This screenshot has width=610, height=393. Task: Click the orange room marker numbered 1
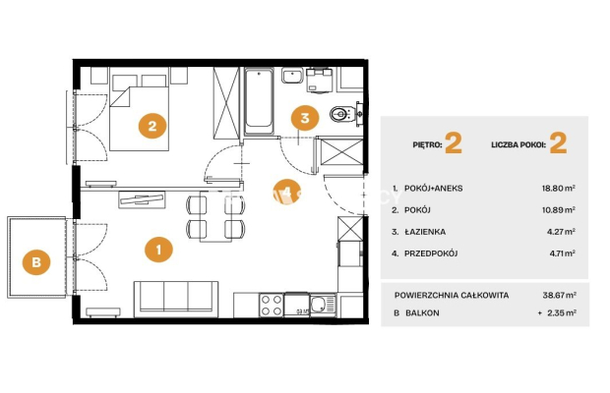158,250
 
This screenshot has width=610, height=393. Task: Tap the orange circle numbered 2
152,126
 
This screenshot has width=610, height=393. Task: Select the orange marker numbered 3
305,118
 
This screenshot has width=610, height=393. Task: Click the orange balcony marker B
36,261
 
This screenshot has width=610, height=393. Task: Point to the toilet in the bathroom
342,114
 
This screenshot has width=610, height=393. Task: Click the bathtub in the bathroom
259,101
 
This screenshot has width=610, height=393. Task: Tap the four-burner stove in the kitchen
272,306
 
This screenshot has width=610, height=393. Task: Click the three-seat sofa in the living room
176,299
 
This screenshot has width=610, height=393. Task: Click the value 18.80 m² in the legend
558,189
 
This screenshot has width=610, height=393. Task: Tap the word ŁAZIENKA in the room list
425,232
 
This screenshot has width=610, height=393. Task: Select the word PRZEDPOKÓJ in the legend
431,253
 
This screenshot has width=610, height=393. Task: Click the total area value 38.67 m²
560,295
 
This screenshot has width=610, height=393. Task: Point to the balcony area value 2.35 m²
562,312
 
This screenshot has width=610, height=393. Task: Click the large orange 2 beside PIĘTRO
454,143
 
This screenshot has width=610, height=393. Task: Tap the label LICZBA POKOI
518,145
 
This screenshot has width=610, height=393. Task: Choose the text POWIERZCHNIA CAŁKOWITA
452,295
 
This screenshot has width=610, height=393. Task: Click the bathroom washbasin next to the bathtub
292,76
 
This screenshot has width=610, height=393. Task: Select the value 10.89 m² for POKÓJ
559,210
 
